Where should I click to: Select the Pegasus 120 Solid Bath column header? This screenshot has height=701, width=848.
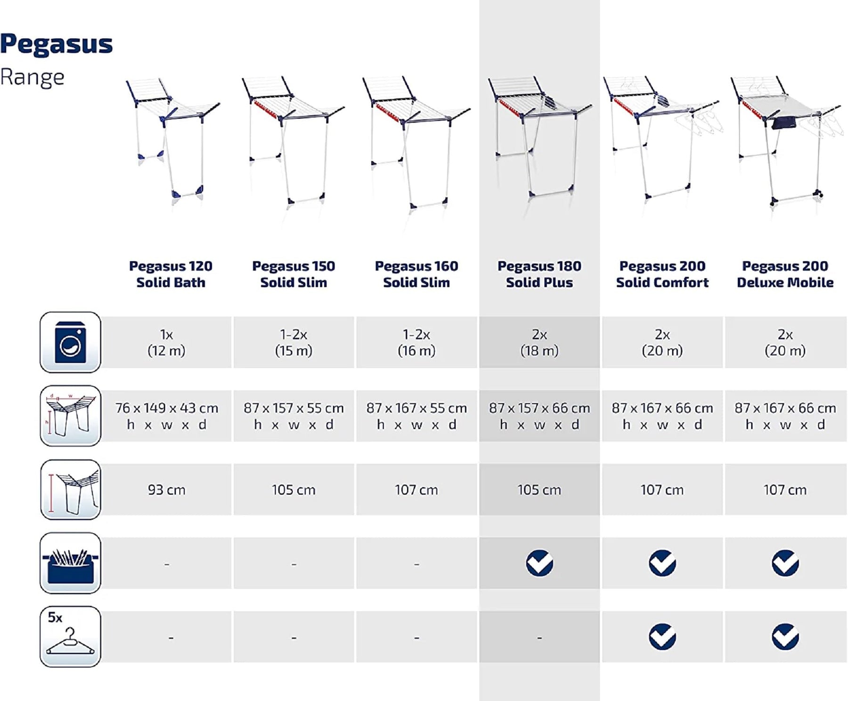coord(171,274)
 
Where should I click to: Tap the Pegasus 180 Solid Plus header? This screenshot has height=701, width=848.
coord(539,274)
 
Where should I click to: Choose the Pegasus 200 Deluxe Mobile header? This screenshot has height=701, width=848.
coord(785,274)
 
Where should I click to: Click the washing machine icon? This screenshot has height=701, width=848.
coord(70,342)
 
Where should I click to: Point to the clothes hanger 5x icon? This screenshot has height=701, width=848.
coord(70,636)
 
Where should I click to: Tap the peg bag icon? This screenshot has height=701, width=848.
coord(70,563)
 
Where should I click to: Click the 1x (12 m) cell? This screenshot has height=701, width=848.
coord(166,342)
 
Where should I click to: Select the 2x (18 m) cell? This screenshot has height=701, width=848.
coord(539,342)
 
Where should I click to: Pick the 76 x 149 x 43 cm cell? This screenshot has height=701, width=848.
coord(166,416)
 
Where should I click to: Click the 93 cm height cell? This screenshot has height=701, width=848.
coord(166,490)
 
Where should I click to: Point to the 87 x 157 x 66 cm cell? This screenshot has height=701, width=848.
coord(539,416)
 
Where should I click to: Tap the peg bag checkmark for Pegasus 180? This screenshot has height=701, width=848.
coord(539,563)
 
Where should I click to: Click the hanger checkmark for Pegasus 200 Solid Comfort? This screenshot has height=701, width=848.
coord(662,637)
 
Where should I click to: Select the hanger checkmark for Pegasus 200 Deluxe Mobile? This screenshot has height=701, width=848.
coord(785,637)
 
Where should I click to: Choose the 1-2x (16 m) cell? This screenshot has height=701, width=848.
coord(416,342)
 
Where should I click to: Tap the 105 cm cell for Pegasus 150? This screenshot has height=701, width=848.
coord(294,490)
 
